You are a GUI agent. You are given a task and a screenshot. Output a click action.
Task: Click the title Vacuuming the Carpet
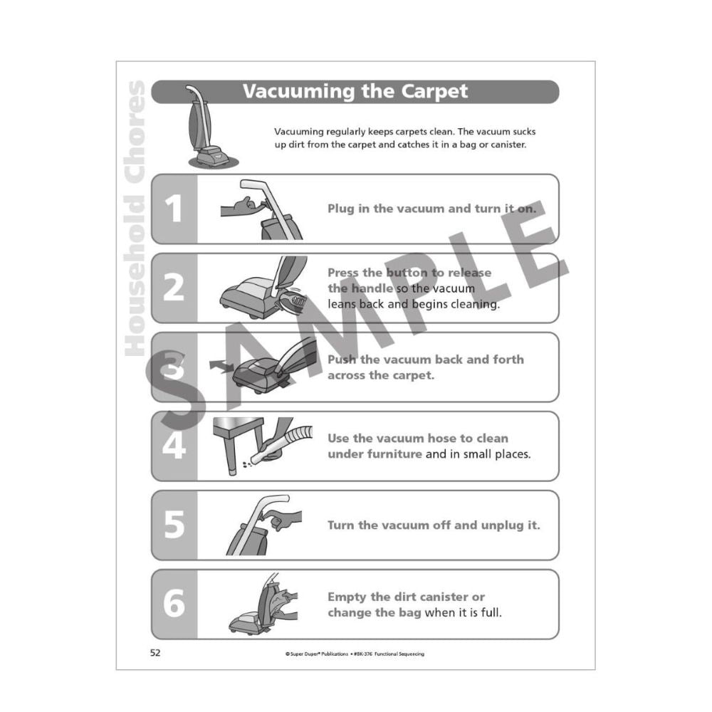tap(355, 92)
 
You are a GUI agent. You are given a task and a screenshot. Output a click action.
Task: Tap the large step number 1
tap(174, 209)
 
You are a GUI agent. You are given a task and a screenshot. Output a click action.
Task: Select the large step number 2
tap(174, 288)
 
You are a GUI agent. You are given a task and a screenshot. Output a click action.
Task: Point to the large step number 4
tap(174, 446)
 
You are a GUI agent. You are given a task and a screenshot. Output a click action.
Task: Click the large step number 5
tap(174, 525)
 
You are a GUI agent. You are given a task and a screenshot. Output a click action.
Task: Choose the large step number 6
tap(174, 604)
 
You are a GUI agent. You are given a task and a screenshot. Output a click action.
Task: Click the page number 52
tap(155, 654)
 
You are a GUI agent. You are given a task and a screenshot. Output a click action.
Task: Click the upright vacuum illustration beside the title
tap(204, 128)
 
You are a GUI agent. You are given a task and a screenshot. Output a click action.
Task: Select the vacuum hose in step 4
tap(285, 441)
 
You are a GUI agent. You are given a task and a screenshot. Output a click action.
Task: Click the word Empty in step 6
tap(347, 597)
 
